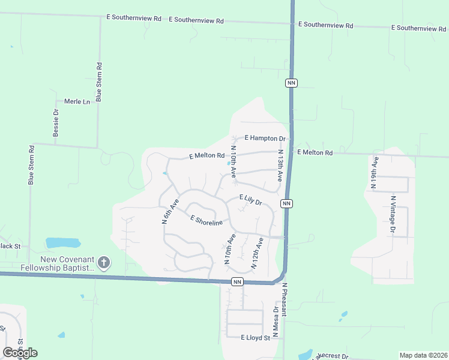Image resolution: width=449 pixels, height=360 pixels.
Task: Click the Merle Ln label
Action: (76, 101)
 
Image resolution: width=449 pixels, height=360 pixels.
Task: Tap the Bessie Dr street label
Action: (56, 123)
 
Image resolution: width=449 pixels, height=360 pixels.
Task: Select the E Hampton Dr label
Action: (265, 138)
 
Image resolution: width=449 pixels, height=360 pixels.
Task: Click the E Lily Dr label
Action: (251, 200)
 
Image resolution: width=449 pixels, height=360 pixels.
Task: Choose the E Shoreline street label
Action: (206, 220)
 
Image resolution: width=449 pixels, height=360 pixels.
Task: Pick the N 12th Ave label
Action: (257, 252)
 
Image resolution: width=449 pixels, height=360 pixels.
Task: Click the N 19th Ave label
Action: (374, 173)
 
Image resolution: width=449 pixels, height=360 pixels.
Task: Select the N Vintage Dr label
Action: (393, 214)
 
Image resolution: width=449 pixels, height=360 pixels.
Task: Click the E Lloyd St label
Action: (255, 338)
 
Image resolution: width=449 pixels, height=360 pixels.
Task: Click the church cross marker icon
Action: (104, 262)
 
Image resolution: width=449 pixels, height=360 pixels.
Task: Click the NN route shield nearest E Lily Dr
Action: (287, 203)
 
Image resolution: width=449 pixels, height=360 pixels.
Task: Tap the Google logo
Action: (20, 353)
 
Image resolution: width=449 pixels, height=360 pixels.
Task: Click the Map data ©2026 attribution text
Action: (423, 355)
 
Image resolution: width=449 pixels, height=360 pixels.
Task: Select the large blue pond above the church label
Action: (63, 243)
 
